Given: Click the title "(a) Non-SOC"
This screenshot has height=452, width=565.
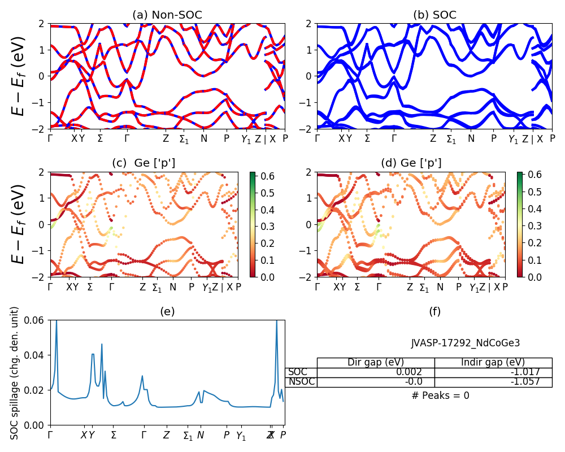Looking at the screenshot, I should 167,15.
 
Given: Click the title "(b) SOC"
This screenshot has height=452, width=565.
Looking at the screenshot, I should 434,15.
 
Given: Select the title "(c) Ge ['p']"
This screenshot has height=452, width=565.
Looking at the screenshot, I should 144,163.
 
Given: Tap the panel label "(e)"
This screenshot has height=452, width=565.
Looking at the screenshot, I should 167,311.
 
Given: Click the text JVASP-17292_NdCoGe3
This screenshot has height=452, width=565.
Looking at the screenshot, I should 465,343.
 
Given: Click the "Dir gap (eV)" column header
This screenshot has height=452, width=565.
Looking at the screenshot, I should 375,363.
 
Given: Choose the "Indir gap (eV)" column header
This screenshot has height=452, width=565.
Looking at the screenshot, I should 493,363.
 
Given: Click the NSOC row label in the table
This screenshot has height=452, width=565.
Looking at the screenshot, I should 301,382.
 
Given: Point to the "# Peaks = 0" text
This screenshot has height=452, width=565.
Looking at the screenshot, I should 440,395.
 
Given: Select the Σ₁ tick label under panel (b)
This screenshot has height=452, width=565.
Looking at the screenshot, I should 451,139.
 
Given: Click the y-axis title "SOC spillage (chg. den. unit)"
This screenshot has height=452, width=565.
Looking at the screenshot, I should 15,373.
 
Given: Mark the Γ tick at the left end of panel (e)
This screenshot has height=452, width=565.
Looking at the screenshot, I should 50,435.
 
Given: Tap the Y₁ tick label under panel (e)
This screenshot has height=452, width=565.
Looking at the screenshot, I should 241,436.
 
